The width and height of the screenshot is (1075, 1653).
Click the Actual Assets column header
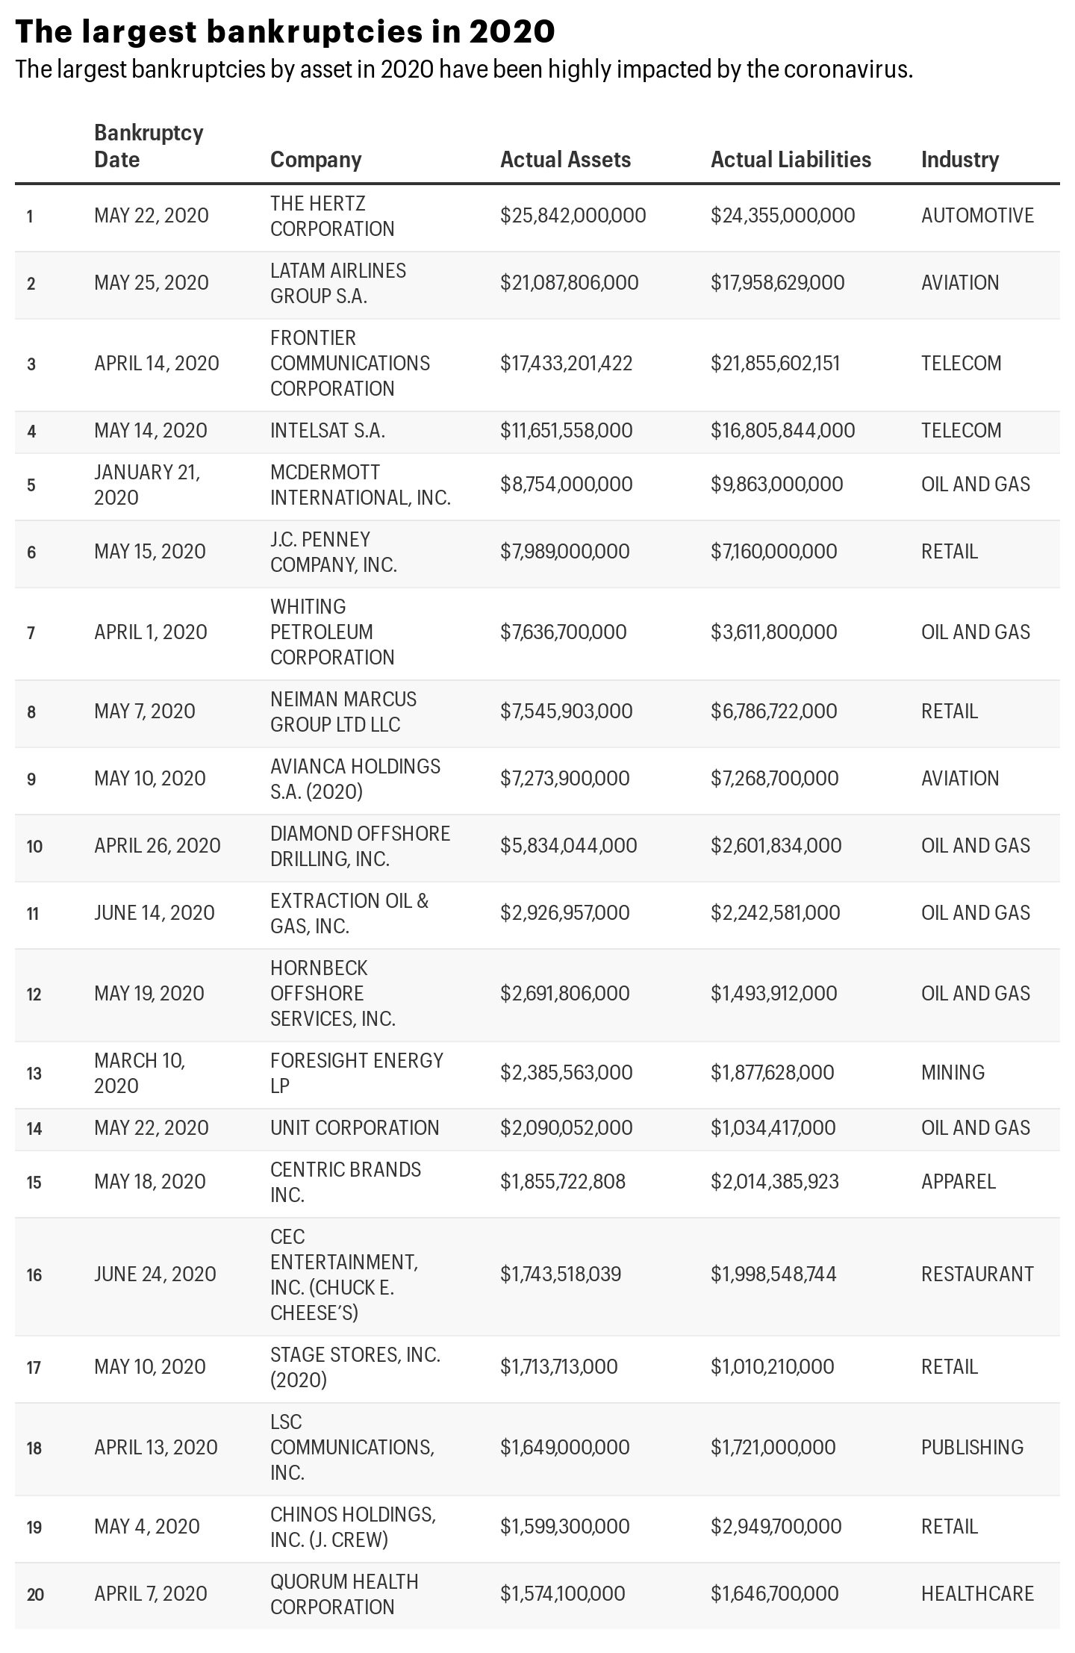pos(565,160)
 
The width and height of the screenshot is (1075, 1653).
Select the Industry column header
pos(959,160)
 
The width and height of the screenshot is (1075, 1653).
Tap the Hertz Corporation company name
pos(332,216)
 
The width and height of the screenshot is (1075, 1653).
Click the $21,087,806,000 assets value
pos(569,283)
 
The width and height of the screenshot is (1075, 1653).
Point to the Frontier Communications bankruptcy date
pos(157,364)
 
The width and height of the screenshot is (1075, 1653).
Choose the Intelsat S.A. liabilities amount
pos(782,431)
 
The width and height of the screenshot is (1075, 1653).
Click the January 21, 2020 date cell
pos(147,485)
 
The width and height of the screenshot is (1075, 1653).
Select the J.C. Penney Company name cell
pos(333,552)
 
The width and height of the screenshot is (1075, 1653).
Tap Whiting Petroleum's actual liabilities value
pos(773,632)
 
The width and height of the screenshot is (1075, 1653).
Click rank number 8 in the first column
pos(31,712)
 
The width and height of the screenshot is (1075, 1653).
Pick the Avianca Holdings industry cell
pos(959,779)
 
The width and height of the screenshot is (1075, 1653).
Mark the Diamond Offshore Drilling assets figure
pos(568,846)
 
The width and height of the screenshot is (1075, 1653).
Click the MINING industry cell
pos(953,1073)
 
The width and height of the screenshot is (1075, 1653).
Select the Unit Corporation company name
pos(355,1128)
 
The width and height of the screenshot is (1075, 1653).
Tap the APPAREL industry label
pos(958,1182)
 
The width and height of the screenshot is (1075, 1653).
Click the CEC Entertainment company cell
pos(343,1274)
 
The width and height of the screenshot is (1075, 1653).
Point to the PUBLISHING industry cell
pos(972,1448)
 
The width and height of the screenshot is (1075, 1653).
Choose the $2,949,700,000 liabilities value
pos(776,1527)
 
